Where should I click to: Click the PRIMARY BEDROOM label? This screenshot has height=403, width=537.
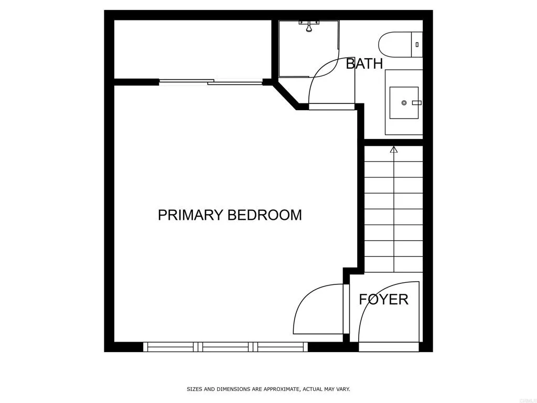click(x=230, y=215)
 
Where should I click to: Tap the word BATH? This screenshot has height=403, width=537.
click(x=364, y=64)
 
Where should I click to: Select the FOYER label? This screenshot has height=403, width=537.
click(x=383, y=299)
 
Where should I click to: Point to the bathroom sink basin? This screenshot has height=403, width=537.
click(x=404, y=102)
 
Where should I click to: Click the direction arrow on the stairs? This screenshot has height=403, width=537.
click(x=394, y=150)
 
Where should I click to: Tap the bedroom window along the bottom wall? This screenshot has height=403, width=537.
click(x=225, y=346)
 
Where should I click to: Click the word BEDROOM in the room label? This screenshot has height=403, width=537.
click(x=264, y=215)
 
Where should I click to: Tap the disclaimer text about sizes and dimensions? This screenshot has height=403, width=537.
click(x=268, y=389)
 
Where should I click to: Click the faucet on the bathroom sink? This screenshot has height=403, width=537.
click(x=416, y=102)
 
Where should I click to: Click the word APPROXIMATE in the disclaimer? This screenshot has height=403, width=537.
click(x=280, y=389)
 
